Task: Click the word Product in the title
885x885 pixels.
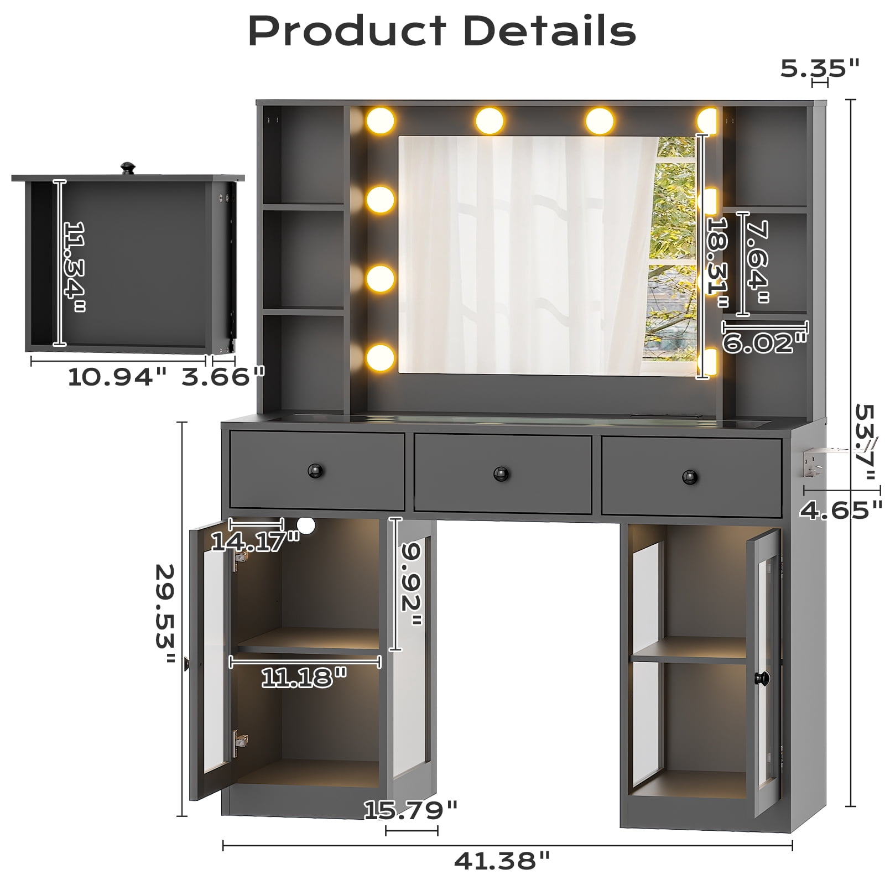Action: [347, 32]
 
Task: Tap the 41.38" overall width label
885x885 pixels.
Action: [502, 861]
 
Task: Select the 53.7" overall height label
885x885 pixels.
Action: [866, 449]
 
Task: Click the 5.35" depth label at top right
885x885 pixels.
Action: [820, 68]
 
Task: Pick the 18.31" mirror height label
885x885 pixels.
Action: [719, 263]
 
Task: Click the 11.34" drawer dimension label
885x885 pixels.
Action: [74, 267]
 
